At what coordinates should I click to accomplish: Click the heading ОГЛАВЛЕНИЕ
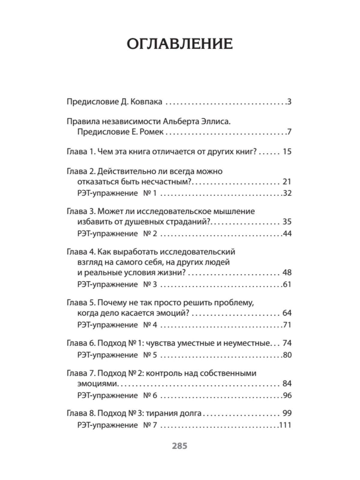click(x=179, y=44)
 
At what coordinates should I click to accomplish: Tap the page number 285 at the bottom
click(x=179, y=446)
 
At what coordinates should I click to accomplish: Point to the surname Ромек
click(x=151, y=132)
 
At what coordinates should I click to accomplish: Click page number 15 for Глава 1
click(x=287, y=151)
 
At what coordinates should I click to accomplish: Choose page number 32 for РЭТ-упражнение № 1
click(x=287, y=193)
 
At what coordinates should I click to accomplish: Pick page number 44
click(x=287, y=233)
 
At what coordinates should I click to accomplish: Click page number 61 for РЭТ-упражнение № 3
click(x=287, y=284)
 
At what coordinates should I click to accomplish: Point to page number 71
click(x=287, y=325)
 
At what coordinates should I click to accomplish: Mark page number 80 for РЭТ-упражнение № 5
click(x=287, y=355)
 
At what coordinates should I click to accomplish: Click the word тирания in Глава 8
click(x=162, y=413)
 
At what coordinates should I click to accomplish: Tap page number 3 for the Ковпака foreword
click(x=289, y=102)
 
